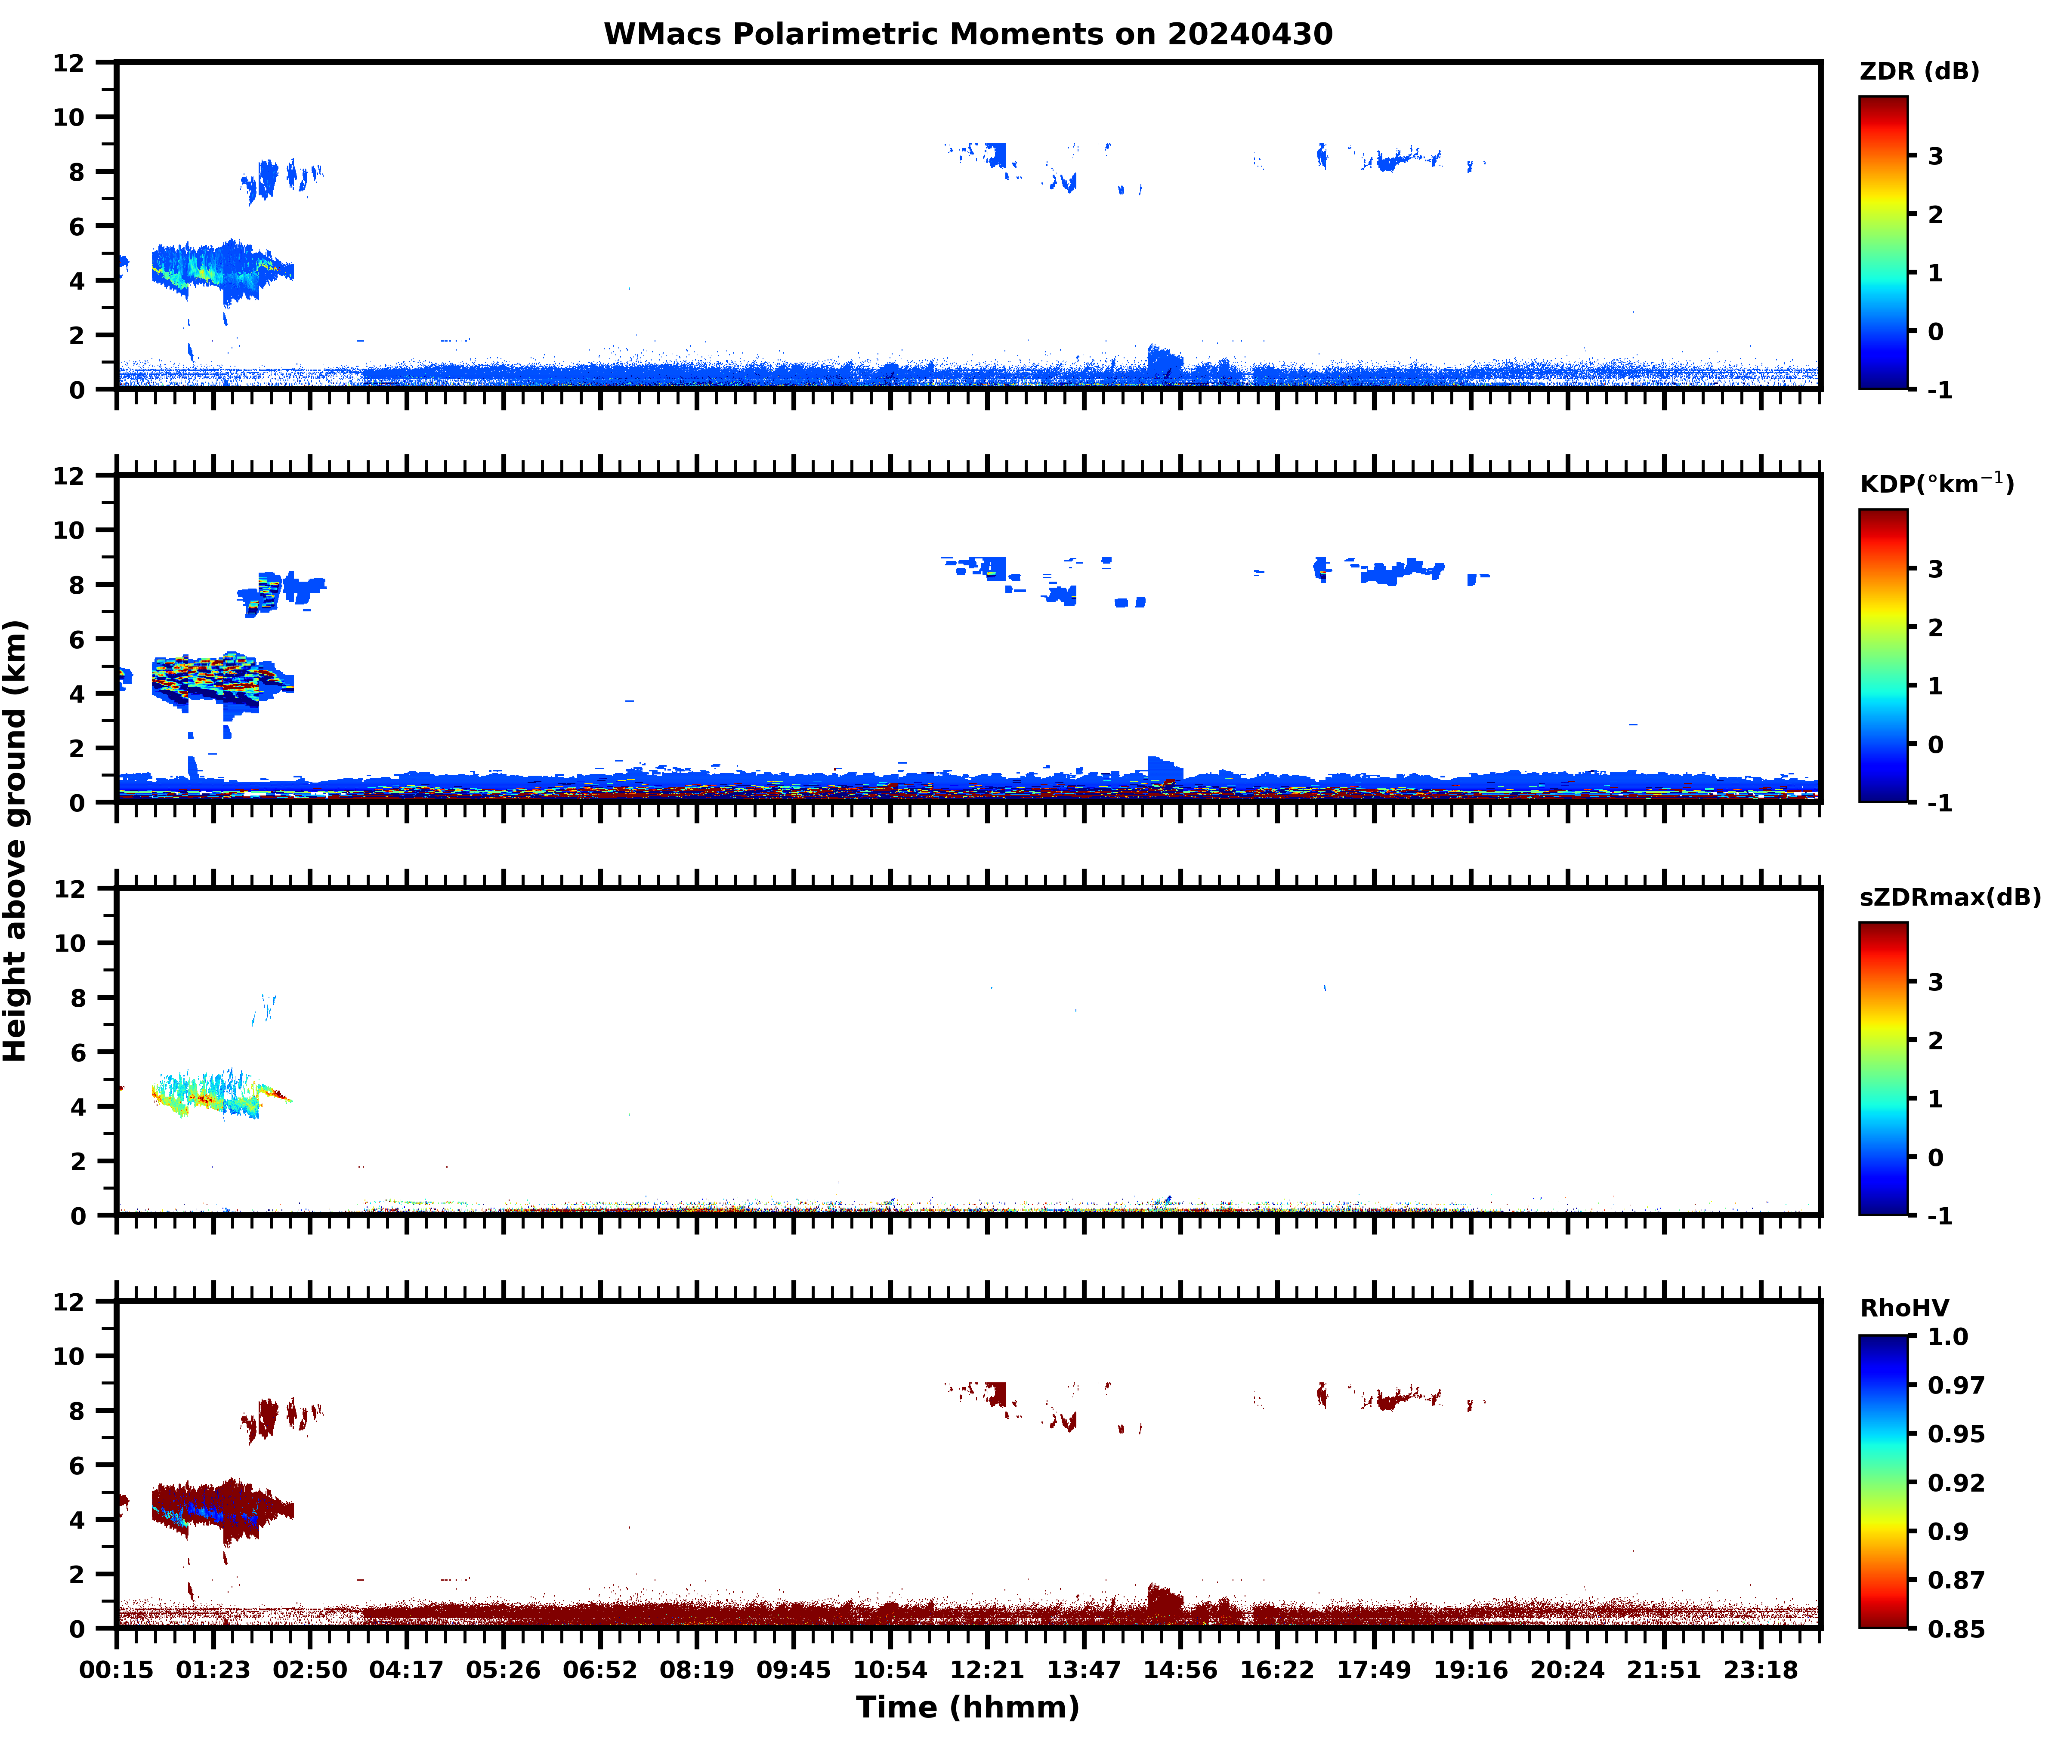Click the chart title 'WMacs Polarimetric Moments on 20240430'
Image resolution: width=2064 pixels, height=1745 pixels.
pyautogui.click(x=968, y=34)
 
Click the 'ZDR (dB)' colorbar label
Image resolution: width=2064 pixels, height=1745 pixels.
pyautogui.click(x=1919, y=71)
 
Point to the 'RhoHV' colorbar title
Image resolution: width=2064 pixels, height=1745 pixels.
pyautogui.click(x=1904, y=1308)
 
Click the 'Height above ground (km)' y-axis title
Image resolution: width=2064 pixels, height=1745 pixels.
pyautogui.click(x=16, y=841)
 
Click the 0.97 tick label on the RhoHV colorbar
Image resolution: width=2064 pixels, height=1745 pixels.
pyautogui.click(x=1955, y=1385)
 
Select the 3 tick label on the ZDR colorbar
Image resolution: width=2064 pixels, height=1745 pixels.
pyautogui.click(x=1935, y=156)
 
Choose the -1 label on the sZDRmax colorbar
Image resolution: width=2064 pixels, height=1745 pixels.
pyautogui.click(x=1939, y=1216)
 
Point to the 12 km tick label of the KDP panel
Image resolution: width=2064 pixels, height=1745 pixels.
pyautogui.click(x=69, y=476)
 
